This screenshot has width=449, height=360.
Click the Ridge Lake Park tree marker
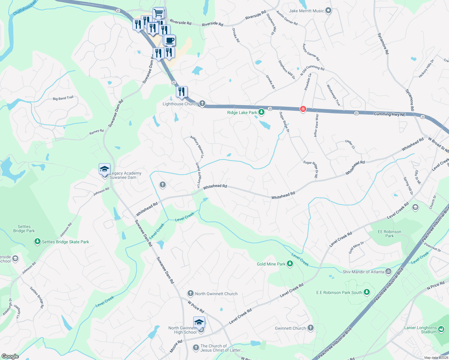261,112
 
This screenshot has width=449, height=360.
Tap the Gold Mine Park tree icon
290,264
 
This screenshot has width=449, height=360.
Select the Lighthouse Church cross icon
202,104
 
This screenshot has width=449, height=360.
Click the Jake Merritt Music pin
328,11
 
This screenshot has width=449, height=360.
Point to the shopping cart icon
158,13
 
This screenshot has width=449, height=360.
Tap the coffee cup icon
170,40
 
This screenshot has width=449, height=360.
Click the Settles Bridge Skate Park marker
38,241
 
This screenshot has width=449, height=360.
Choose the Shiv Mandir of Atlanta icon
388,271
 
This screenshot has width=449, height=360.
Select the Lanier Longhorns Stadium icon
441,329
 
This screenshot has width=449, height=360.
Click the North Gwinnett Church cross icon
190,293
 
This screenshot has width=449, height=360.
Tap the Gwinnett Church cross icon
310,328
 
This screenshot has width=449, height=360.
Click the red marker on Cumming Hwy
303,109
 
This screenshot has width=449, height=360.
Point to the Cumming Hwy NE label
390,114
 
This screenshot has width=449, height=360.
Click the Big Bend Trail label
63,98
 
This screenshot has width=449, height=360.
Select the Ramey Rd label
96,132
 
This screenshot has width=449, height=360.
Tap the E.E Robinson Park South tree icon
366,292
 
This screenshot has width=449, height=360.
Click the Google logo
10,356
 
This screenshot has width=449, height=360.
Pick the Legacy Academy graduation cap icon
104,169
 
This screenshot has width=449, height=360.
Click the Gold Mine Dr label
356,247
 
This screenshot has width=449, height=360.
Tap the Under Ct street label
350,144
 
